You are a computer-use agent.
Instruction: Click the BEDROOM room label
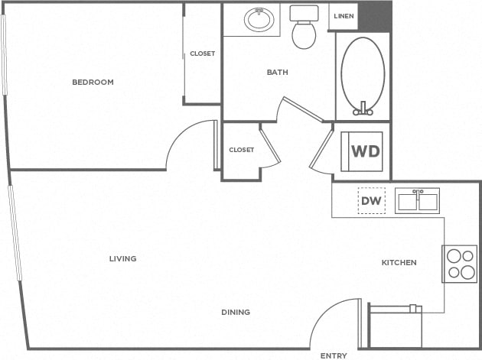(93, 82)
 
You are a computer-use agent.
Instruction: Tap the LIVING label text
(122, 258)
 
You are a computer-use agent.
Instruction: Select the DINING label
(236, 311)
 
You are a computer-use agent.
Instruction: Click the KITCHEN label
(399, 262)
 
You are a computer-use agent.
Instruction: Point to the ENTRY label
(333, 355)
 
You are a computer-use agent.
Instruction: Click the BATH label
(277, 73)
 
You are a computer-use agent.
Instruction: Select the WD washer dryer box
(365, 151)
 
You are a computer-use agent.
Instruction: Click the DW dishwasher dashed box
(371, 200)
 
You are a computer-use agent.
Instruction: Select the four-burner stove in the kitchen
(459, 264)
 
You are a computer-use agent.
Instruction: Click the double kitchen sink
(417, 200)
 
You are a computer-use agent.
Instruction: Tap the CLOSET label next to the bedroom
(203, 54)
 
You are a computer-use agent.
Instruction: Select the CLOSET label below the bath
(241, 150)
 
